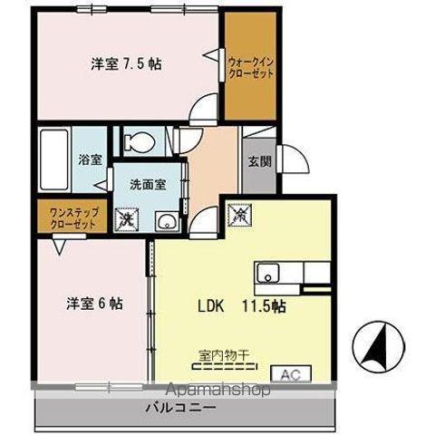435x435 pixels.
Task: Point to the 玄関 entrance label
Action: (x=257, y=163)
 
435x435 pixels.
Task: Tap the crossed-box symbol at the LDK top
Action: (x=238, y=215)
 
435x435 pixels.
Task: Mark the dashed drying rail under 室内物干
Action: (x=223, y=369)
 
